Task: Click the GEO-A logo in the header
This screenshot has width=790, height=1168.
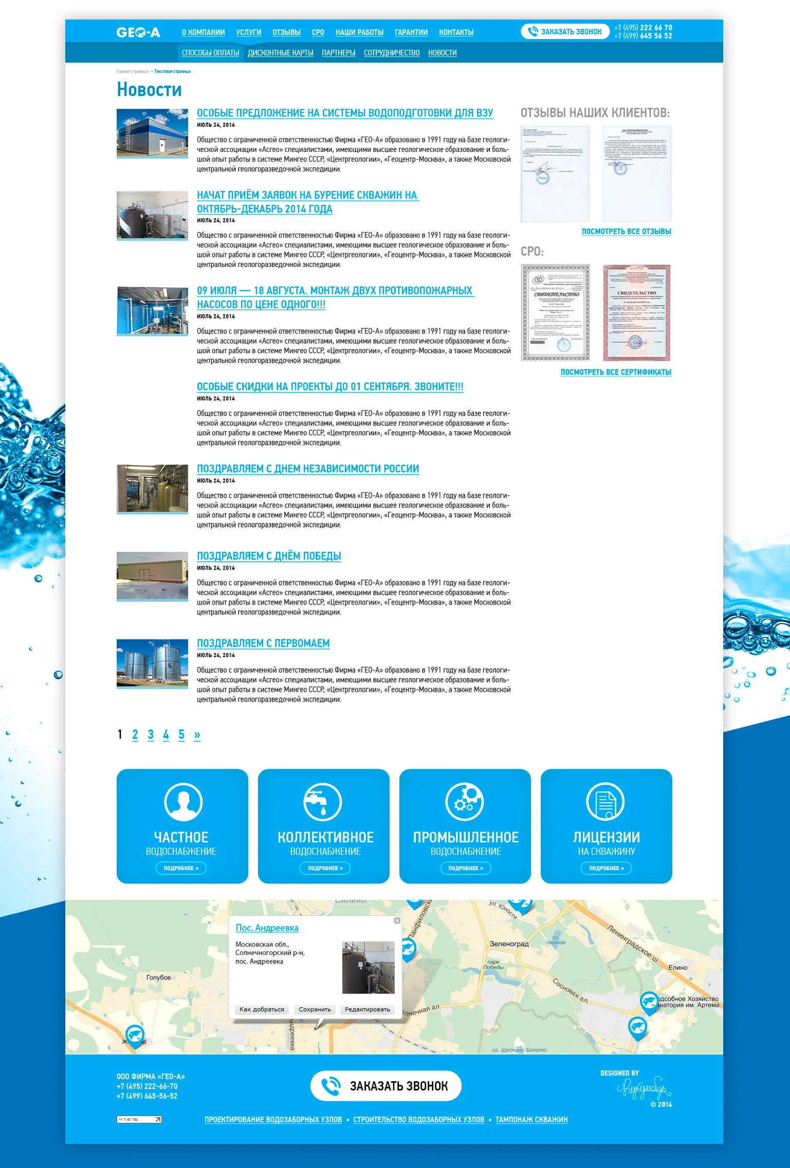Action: click(x=138, y=32)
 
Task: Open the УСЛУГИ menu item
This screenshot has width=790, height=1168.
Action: click(x=249, y=32)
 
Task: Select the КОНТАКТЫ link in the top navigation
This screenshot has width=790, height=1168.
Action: click(x=456, y=32)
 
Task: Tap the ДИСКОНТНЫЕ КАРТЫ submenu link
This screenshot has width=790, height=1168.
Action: click(x=280, y=53)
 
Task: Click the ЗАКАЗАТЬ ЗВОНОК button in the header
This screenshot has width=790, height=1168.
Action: click(x=565, y=32)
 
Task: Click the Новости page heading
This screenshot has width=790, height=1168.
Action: click(x=149, y=89)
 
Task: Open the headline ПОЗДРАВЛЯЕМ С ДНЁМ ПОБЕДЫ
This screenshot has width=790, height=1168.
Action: click(x=269, y=556)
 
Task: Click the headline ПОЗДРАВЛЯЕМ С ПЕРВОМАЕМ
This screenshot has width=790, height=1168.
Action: click(x=263, y=643)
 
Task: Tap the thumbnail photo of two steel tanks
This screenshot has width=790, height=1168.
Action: click(x=152, y=663)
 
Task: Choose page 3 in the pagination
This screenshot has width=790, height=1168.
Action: click(x=151, y=734)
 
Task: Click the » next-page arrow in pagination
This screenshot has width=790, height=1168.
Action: click(x=197, y=734)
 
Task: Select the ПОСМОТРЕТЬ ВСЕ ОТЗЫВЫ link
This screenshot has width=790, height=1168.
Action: click(x=626, y=232)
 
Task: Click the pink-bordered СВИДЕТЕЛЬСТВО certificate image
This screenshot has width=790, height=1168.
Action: click(x=637, y=312)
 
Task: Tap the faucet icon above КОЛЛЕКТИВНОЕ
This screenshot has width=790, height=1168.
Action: click(x=322, y=802)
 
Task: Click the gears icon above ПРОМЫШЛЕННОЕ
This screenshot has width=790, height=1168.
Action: click(x=464, y=802)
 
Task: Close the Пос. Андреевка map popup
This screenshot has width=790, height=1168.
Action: click(x=397, y=920)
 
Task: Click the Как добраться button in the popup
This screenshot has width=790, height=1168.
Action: click(x=262, y=1009)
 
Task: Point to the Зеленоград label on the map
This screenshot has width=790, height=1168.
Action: click(x=509, y=944)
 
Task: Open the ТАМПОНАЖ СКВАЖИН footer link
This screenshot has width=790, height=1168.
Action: click(x=531, y=1120)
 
